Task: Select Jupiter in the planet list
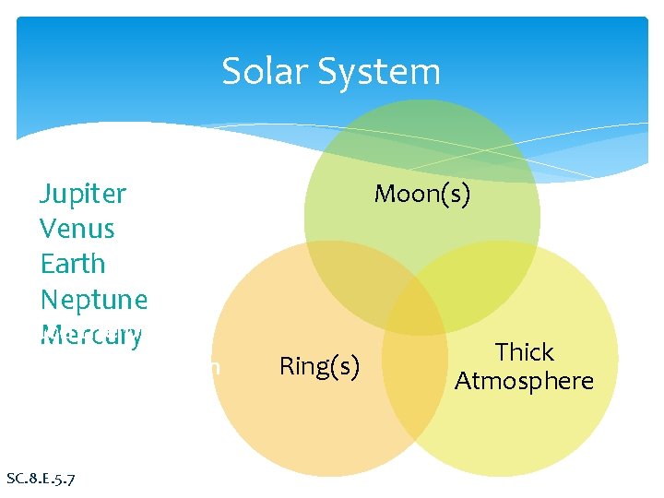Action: [x=83, y=194]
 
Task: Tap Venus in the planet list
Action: [x=77, y=229]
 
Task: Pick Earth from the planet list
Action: [x=73, y=264]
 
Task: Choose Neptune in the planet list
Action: [x=93, y=299]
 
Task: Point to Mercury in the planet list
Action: [x=91, y=334]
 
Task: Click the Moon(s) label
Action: [x=421, y=194]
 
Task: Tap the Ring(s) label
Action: [x=318, y=366]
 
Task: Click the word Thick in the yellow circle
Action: [x=524, y=352]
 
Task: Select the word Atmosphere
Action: [x=524, y=380]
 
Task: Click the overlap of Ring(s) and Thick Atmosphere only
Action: [x=415, y=387]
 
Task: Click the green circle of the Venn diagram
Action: [x=421, y=148]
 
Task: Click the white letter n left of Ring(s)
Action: [x=214, y=366]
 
